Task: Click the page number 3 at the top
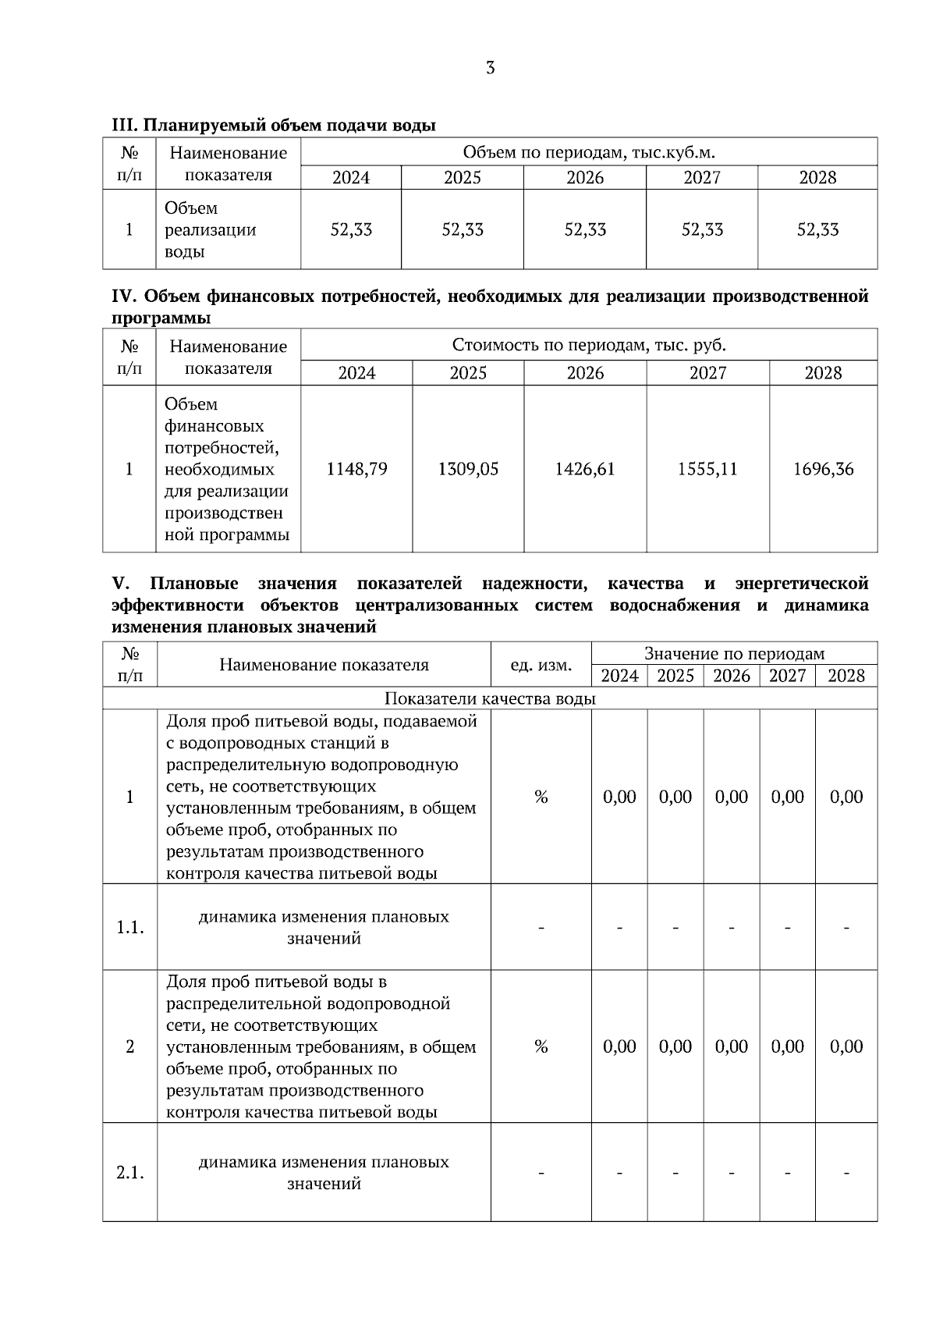(490, 68)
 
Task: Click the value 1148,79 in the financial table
(356, 469)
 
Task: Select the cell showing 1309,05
(468, 469)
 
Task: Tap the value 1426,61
(585, 469)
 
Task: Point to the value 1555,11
(707, 469)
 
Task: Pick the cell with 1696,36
(823, 469)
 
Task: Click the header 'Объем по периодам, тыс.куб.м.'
(589, 151)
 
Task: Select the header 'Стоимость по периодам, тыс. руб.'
(589, 345)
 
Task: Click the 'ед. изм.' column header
(541, 665)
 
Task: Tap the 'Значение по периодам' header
(734, 654)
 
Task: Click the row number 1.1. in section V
(129, 927)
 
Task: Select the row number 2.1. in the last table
(129, 1172)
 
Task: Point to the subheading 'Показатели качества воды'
(490, 698)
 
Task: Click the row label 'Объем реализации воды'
(210, 230)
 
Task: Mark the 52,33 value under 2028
(817, 230)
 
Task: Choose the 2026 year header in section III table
(585, 178)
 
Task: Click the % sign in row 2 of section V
(541, 1046)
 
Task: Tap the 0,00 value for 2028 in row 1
(846, 797)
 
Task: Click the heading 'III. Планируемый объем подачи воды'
(274, 125)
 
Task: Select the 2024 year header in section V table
(619, 676)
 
